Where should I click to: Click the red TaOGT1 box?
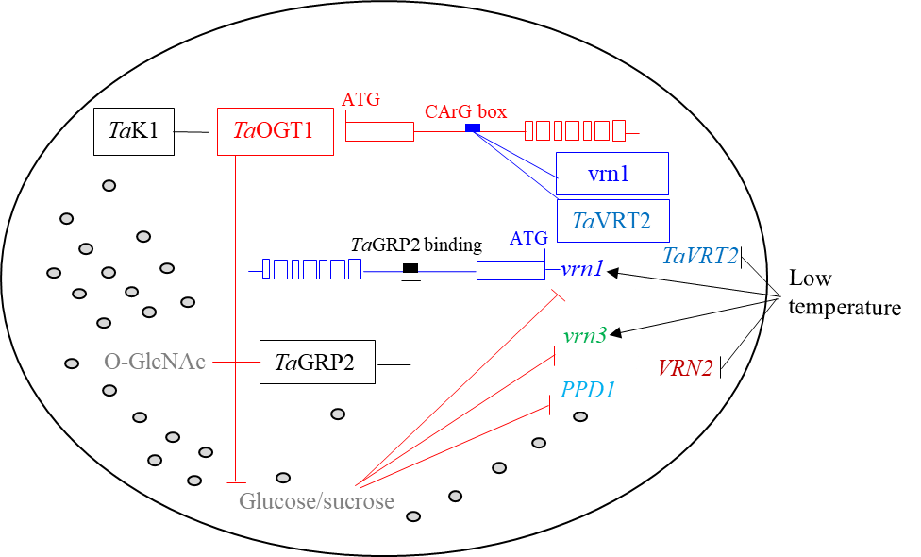pyautogui.click(x=275, y=131)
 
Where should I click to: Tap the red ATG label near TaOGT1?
pyautogui.click(x=360, y=99)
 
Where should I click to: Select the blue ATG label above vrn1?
pyautogui.click(x=527, y=239)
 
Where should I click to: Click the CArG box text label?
pyautogui.click(x=464, y=111)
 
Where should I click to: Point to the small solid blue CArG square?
pyautogui.click(x=473, y=127)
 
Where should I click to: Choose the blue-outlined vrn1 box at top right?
pyautogui.click(x=611, y=174)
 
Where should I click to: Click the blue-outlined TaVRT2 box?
pyautogui.click(x=612, y=221)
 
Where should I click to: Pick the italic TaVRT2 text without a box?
pyautogui.click(x=699, y=256)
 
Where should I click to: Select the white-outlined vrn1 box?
pyautogui.click(x=591, y=268)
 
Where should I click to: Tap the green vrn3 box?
pyautogui.click(x=594, y=335)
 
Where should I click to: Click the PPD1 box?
pyautogui.click(x=592, y=390)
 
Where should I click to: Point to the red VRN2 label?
pyautogui.click(x=684, y=368)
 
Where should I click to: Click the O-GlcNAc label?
pyautogui.click(x=154, y=362)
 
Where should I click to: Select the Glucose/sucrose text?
pyautogui.click(x=316, y=501)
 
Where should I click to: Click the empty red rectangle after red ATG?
pyautogui.click(x=379, y=131)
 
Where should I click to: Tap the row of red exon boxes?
pyautogui.click(x=575, y=130)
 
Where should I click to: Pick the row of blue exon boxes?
pyautogui.click(x=311, y=269)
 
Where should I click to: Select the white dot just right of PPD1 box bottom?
pyautogui.click(x=580, y=416)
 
